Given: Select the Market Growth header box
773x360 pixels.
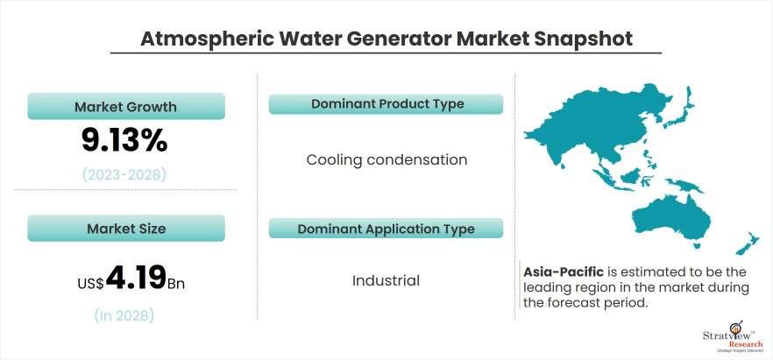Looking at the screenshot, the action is tap(126, 106).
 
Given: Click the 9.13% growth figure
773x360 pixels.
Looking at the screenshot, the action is tap(124, 142).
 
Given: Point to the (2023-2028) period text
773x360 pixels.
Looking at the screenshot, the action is tap(124, 175).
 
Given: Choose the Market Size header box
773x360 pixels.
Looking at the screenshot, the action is tap(126, 228).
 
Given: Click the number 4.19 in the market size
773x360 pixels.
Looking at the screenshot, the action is tap(136, 279).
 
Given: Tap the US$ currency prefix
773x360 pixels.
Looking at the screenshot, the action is tap(91, 283).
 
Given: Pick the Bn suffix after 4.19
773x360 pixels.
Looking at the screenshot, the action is tap(176, 284).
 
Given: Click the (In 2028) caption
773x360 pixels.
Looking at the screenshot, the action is tap(124, 315).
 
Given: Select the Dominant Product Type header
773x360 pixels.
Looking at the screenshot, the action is tap(386, 104).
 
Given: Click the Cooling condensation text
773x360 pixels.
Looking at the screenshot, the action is tap(386, 160).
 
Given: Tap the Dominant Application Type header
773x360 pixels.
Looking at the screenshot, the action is tap(386, 229).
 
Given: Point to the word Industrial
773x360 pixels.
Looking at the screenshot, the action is tap(386, 280).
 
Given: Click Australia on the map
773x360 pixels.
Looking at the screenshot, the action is tap(671, 219).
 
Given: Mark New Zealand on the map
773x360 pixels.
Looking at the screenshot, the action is tap(748, 244).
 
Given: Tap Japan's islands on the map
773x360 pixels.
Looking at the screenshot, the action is tap(679, 109).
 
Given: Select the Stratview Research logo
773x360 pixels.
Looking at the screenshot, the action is tap(732, 341).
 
